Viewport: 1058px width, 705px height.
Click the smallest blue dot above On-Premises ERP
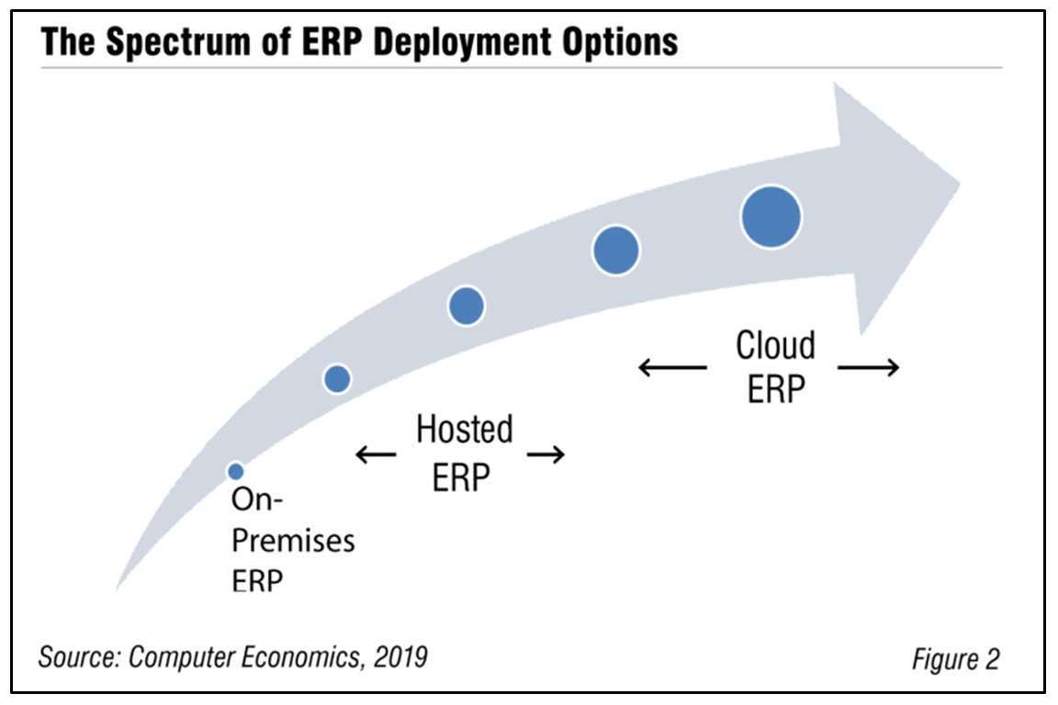236,471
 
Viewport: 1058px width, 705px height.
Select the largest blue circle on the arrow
771,217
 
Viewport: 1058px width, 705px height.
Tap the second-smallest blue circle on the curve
338,377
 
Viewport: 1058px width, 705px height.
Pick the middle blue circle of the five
467,305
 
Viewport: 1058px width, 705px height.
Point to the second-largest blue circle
616,250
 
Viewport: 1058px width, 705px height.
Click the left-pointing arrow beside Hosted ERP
376,453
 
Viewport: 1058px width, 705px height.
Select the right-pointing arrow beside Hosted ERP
546,453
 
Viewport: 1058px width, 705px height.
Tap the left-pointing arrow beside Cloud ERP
672,368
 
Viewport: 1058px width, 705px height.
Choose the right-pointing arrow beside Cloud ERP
869,368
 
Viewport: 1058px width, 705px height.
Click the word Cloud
775,346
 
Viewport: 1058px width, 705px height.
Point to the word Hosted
465,430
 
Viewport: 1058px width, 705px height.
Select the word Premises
293,541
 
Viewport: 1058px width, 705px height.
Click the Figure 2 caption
955,658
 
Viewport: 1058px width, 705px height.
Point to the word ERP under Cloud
776,389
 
